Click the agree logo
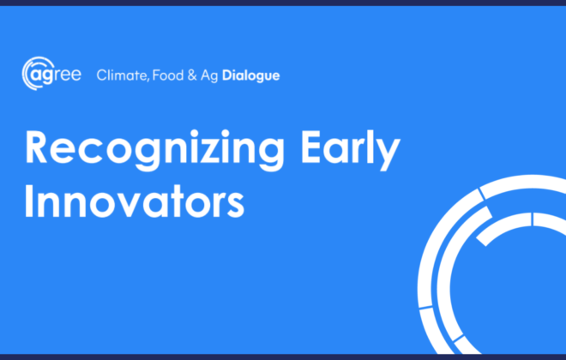click(51, 73)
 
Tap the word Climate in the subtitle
click(122, 75)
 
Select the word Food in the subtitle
click(168, 75)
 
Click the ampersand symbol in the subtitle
click(192, 75)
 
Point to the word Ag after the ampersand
click(209, 76)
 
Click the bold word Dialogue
click(251, 76)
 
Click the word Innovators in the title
click(135, 201)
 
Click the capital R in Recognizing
click(36, 147)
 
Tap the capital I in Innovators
click(28, 201)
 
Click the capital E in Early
click(311, 147)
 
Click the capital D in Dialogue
click(227, 75)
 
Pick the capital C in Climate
click(102, 75)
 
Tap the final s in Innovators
click(236, 205)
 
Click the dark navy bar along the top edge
click(283, 3)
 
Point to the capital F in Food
click(156, 75)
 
